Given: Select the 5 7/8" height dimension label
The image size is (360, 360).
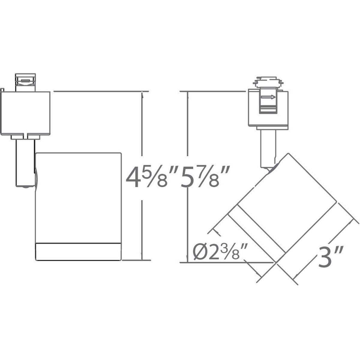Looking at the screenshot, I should click(205, 178).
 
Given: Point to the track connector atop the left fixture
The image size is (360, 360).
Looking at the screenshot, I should click(25, 81).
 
